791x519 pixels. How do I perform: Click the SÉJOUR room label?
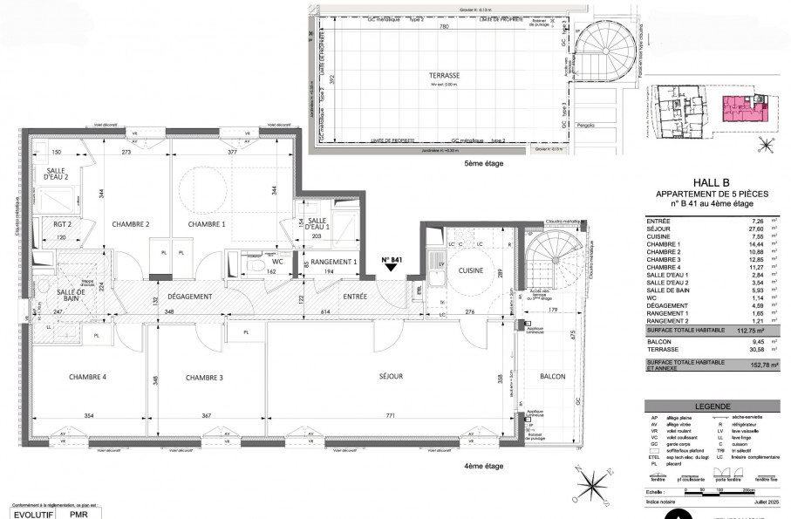(391, 376)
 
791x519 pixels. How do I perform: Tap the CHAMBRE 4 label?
(87, 377)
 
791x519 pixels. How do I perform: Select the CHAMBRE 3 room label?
(204, 377)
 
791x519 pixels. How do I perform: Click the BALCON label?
(552, 377)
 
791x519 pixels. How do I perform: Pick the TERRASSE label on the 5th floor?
(444, 76)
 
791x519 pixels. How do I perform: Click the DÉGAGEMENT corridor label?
(190, 297)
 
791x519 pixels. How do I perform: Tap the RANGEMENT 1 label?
(333, 262)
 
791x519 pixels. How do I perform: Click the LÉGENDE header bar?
(712, 406)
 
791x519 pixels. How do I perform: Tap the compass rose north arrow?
(593, 479)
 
